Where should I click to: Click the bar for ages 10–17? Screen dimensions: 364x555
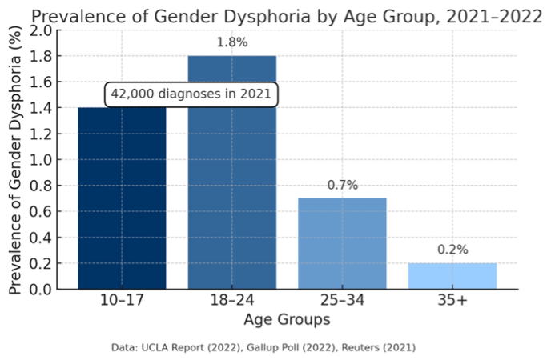(x=122, y=200)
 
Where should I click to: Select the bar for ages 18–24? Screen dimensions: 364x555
(x=231, y=172)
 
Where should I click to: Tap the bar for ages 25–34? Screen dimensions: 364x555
(x=342, y=243)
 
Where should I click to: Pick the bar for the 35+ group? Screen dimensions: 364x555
(x=452, y=275)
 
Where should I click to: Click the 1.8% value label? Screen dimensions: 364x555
(x=232, y=42)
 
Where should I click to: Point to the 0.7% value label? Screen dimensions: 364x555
(x=342, y=185)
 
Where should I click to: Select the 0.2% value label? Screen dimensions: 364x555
(x=452, y=250)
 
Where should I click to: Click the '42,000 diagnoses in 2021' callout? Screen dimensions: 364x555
(x=192, y=94)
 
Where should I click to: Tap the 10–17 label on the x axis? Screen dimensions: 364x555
(x=122, y=302)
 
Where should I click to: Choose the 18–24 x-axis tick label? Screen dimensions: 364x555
(x=231, y=302)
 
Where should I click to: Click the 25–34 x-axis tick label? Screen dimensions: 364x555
(x=342, y=302)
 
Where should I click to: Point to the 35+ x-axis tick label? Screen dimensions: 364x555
(x=452, y=302)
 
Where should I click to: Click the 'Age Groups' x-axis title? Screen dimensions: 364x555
(x=287, y=320)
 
